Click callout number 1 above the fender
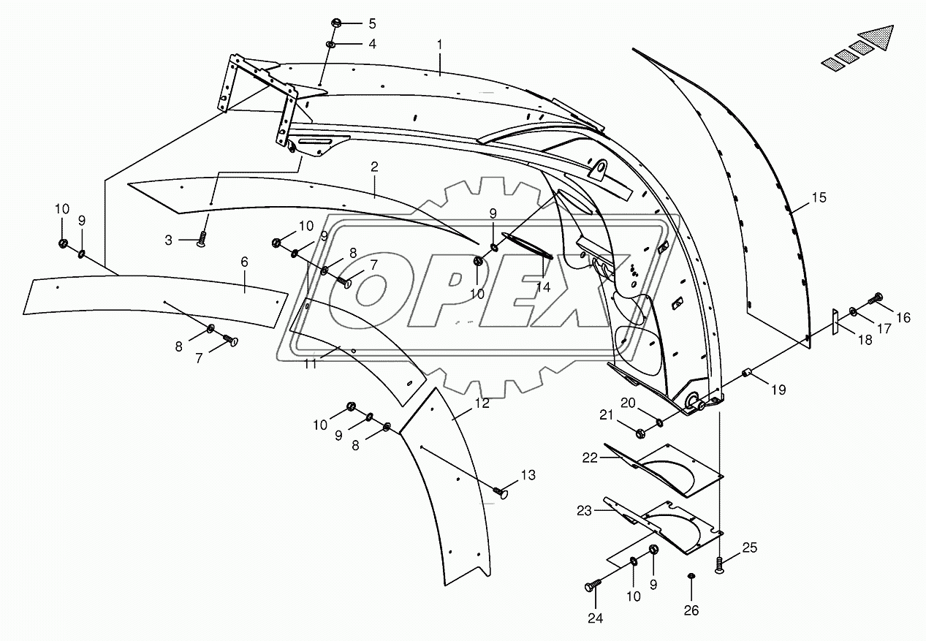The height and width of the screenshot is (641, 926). (x=440, y=45)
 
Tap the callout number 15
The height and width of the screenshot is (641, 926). (x=819, y=197)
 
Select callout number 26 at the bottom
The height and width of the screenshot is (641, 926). (x=691, y=610)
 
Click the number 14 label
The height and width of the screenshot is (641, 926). (x=543, y=287)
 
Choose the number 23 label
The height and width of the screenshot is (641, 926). (x=584, y=511)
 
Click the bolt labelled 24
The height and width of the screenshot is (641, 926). (x=592, y=585)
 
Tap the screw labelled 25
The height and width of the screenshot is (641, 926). (x=719, y=565)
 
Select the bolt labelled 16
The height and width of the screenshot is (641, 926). (x=876, y=298)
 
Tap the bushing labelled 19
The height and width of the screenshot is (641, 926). (x=747, y=374)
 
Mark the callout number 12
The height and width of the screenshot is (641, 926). (x=482, y=403)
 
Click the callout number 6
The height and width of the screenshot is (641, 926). (x=244, y=262)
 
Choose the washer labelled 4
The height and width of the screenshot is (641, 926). (x=330, y=45)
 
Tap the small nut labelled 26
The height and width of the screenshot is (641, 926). (x=691, y=578)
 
